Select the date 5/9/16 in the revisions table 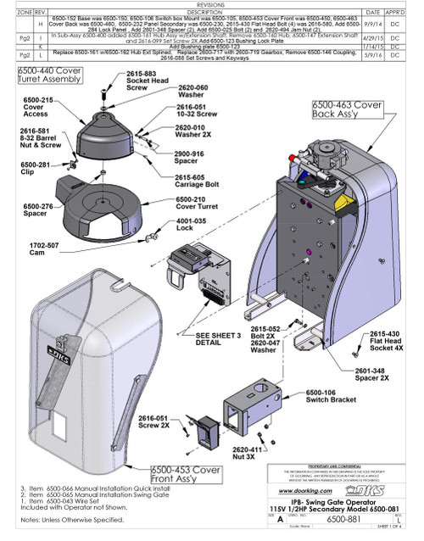coord(368,56)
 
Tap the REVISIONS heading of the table coord(212,3)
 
